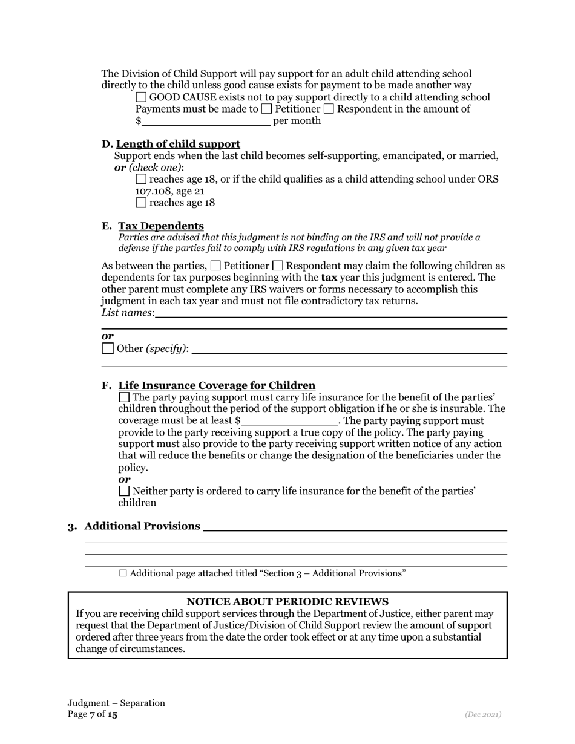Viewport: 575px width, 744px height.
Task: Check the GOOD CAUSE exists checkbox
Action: point(141,97)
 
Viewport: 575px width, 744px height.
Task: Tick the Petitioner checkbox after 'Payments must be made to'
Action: point(266,109)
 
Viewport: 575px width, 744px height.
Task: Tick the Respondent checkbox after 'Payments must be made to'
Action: point(329,109)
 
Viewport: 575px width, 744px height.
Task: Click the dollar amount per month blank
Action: point(206,120)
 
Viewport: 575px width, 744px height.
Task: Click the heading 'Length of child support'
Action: point(178,144)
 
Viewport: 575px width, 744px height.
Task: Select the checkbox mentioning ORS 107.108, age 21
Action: point(141,180)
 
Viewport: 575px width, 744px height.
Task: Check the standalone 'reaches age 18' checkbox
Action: point(141,203)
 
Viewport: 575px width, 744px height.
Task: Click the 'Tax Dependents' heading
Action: point(161,226)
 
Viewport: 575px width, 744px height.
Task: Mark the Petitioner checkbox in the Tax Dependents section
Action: point(215,266)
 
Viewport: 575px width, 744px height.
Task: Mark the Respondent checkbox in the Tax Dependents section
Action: point(278,266)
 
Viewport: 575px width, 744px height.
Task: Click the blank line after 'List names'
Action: point(330,313)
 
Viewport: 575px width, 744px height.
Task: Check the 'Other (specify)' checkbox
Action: point(108,348)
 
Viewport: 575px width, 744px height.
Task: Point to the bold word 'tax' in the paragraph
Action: point(329,278)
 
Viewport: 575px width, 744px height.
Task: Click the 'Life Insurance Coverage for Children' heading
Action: point(217,385)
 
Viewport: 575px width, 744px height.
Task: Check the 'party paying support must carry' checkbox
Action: point(124,397)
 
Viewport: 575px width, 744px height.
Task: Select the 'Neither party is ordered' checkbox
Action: point(124,491)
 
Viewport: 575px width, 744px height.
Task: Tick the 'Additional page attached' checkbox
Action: point(123,573)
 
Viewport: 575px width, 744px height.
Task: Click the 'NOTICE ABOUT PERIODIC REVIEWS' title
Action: point(287,601)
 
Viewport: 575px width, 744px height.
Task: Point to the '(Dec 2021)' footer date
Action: point(483,714)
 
